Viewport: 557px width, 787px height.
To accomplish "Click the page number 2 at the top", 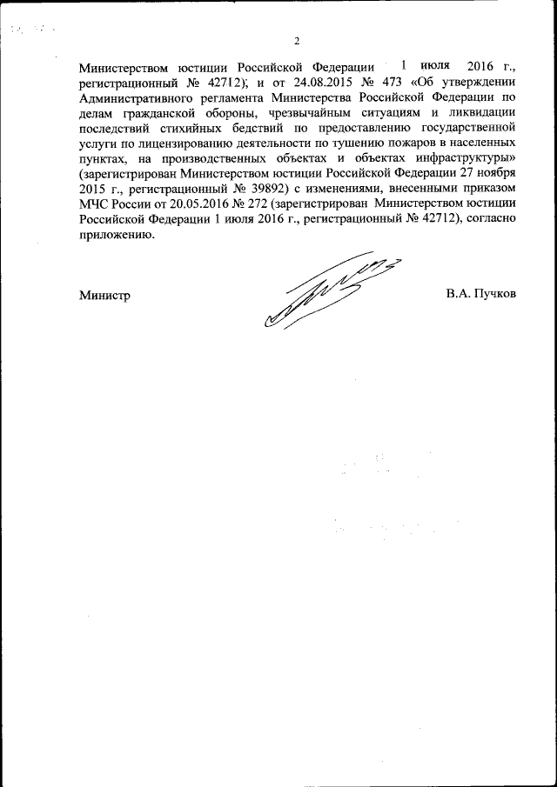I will tap(296, 41).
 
